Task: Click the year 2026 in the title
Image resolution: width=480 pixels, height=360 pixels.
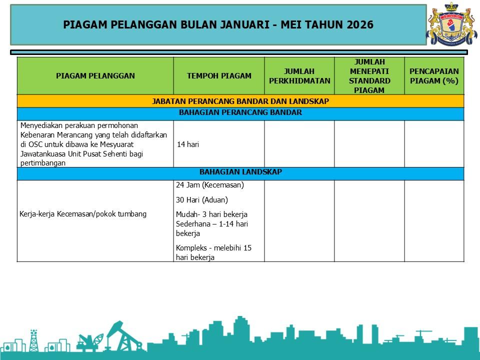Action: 360,25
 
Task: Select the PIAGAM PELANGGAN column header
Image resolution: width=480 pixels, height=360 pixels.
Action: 95,76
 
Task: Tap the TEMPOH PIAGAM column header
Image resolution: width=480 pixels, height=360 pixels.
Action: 219,76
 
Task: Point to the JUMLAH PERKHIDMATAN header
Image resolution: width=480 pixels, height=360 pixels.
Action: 299,76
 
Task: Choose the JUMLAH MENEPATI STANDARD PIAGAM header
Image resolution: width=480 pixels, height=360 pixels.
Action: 369,76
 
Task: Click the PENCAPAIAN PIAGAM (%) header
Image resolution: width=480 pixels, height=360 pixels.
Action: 434,76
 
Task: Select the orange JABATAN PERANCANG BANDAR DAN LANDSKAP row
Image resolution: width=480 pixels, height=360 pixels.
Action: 240,101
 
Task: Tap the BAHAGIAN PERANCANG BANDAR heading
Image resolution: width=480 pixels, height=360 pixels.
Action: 240,113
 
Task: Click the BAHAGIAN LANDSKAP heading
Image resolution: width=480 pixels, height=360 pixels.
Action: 240,172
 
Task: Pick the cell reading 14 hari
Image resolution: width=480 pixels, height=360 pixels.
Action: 188,144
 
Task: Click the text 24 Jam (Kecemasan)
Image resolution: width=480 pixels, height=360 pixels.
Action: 209,185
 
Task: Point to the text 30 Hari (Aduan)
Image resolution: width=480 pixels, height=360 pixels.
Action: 201,200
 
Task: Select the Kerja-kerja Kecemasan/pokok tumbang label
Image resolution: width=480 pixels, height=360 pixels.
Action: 83,214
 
